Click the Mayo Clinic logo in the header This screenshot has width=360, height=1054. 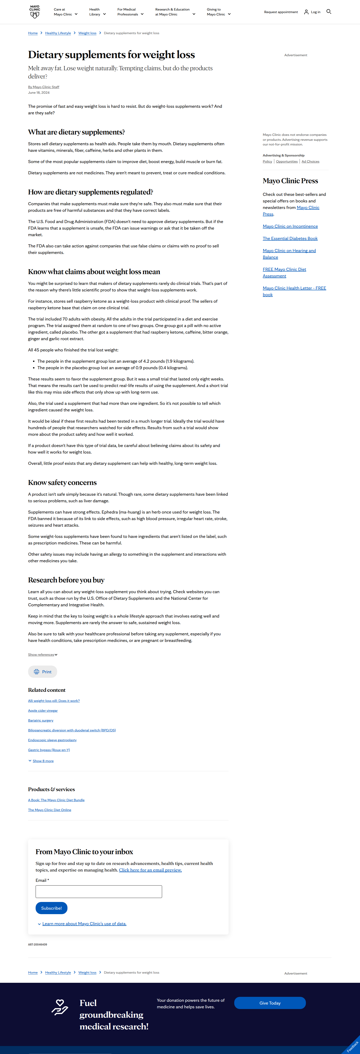[35, 12]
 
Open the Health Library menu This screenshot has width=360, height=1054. [97, 12]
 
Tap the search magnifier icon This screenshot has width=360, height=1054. [329, 11]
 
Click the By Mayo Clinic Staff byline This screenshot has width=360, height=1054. [43, 87]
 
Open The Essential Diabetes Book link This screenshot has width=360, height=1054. [290, 238]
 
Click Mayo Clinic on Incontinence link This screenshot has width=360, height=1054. [290, 226]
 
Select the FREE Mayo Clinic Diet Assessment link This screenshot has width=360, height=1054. [284, 272]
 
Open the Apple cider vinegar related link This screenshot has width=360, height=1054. [43, 711]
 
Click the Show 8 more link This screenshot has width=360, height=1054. [43, 761]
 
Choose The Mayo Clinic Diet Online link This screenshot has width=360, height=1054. [49, 810]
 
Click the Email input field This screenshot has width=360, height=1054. [99, 892]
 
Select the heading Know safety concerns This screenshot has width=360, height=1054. [62, 483]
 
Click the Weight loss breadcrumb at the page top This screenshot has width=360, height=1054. [87, 33]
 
